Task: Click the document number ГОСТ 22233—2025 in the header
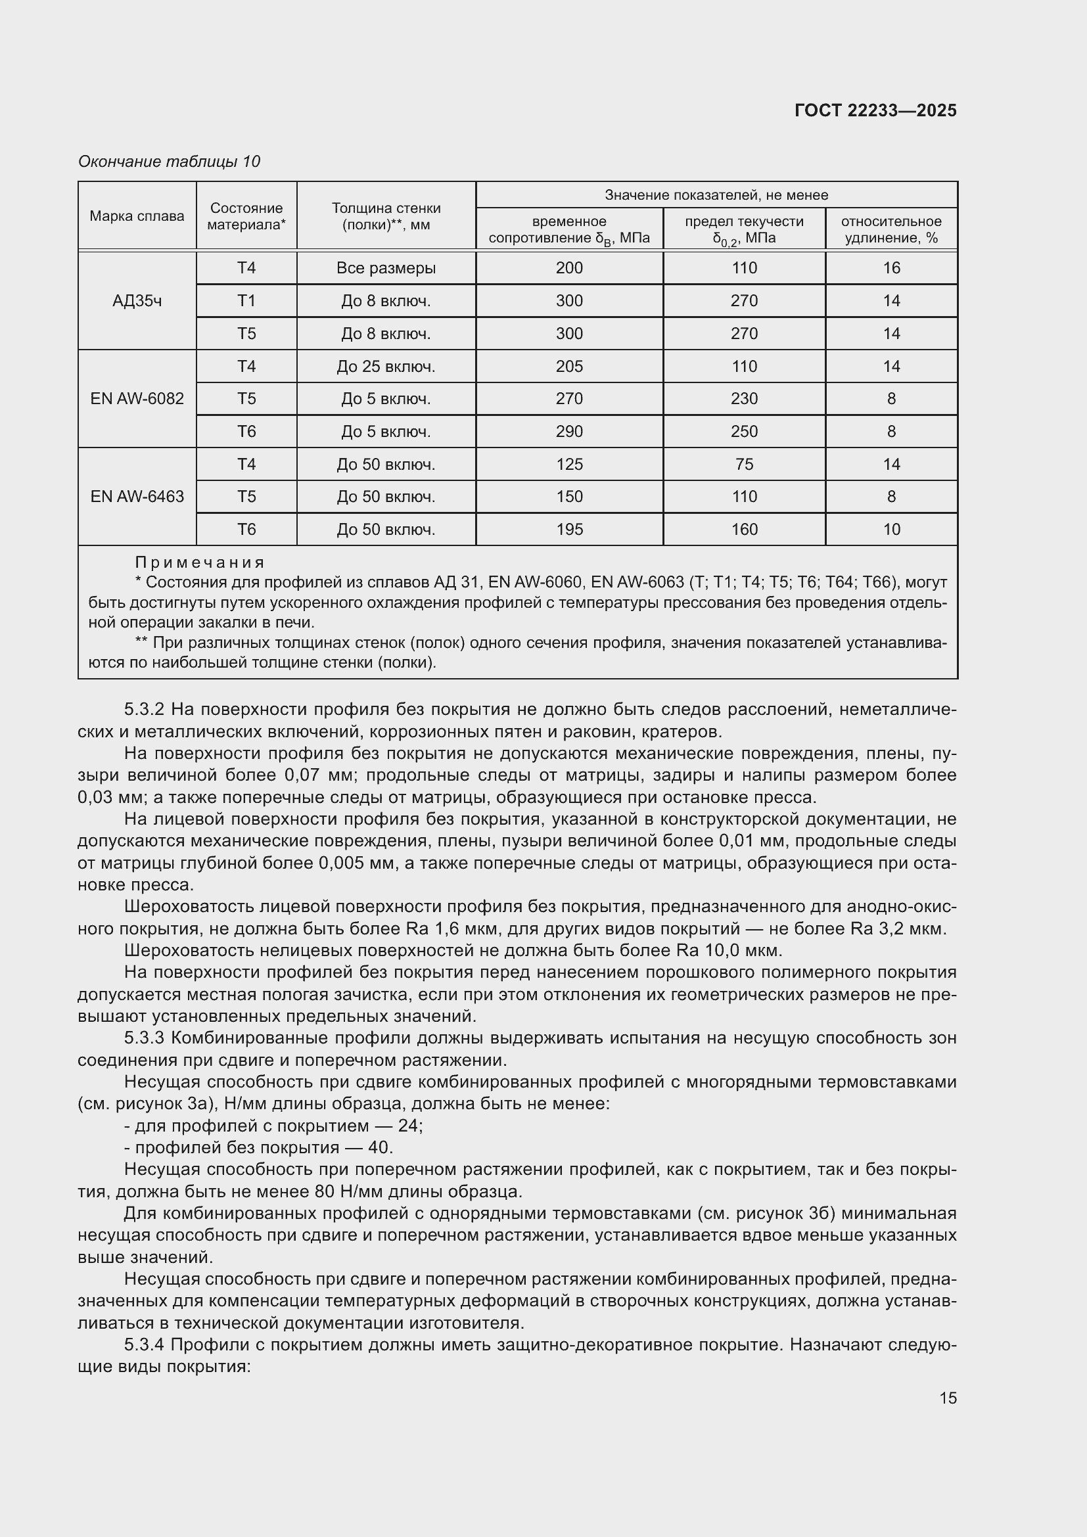click(x=875, y=110)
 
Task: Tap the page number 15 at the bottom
click(x=948, y=1398)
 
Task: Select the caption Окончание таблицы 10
click(x=169, y=162)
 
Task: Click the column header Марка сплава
click(x=137, y=216)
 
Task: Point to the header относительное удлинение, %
click(x=891, y=229)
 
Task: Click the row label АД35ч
click(x=137, y=300)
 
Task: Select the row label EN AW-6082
click(x=137, y=399)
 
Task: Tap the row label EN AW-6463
click(x=137, y=497)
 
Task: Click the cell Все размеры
click(x=386, y=269)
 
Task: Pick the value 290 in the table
click(x=569, y=432)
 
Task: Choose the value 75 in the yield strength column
click(x=744, y=465)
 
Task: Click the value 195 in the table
click(x=569, y=530)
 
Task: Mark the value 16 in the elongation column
click(x=891, y=269)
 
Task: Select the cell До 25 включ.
click(x=386, y=367)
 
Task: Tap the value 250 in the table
click(x=744, y=432)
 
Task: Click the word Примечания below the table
click(x=200, y=562)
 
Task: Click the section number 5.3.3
click(x=145, y=1038)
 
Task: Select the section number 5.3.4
click(x=145, y=1345)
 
